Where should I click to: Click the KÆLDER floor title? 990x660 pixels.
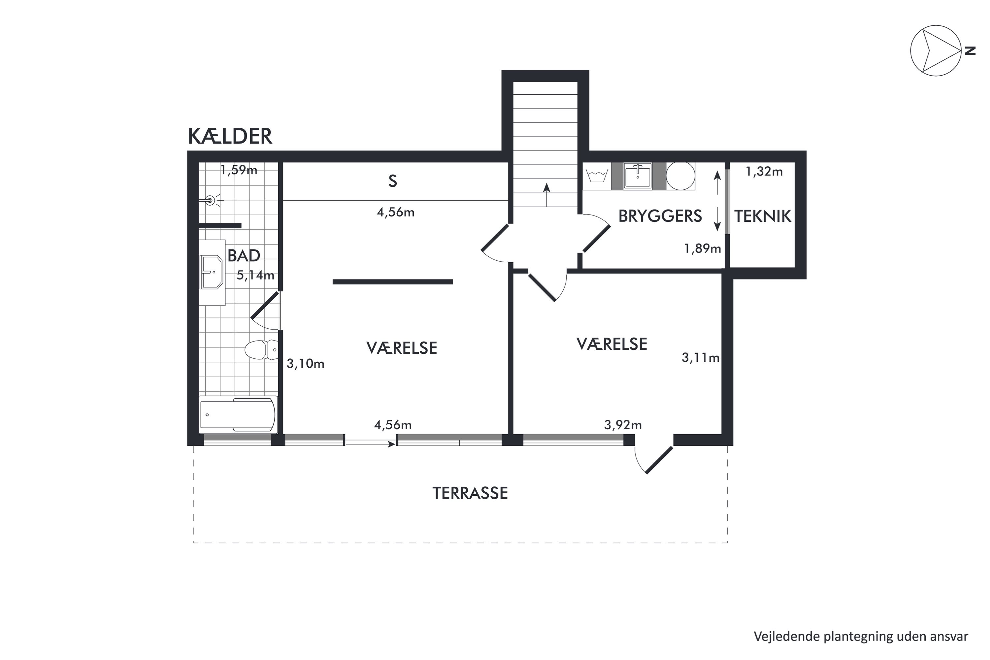click(230, 136)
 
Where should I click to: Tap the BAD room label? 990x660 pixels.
click(244, 255)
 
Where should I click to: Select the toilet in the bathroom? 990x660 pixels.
click(261, 349)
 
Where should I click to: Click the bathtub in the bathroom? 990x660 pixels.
click(238, 414)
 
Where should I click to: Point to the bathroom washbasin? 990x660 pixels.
click(212, 272)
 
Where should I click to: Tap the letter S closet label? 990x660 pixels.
click(392, 181)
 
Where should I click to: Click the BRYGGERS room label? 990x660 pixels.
click(660, 216)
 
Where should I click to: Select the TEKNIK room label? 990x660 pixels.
click(763, 216)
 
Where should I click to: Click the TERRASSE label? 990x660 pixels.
click(470, 493)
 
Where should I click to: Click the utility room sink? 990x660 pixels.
click(638, 176)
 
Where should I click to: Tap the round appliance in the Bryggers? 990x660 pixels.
click(680, 176)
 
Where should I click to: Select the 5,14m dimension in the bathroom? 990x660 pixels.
click(255, 276)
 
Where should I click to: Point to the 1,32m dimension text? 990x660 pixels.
click(764, 172)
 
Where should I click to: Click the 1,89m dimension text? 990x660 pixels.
click(703, 249)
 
